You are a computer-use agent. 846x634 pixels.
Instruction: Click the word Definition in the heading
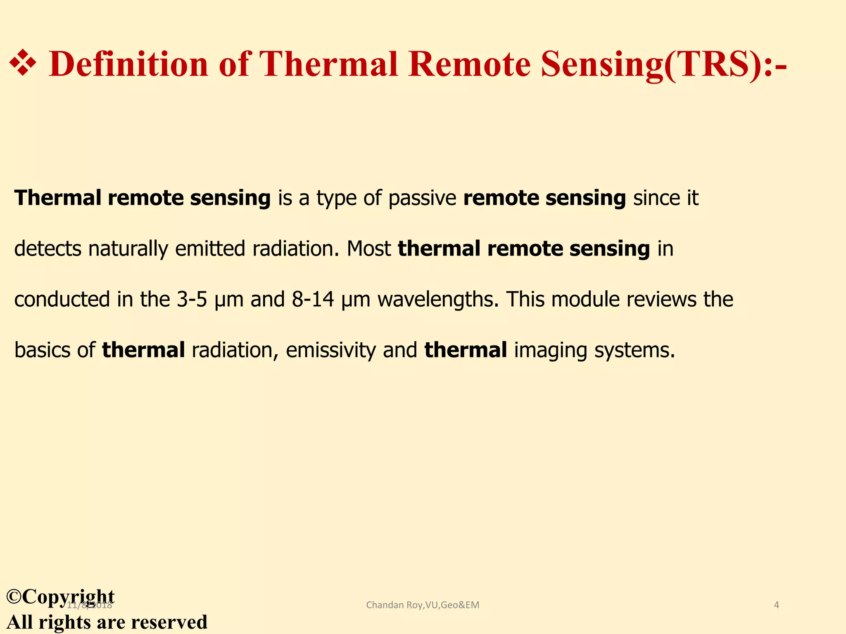pos(128,64)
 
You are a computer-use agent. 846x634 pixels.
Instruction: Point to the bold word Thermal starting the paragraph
pos(58,198)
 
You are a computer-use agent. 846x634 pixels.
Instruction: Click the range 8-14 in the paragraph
pos(313,300)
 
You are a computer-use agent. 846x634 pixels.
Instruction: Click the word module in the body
pos(585,300)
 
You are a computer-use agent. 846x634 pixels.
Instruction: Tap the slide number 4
pos(776,605)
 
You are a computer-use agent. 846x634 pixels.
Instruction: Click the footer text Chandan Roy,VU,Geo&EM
pos(423,605)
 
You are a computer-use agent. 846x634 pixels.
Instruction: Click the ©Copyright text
pos(61,596)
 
